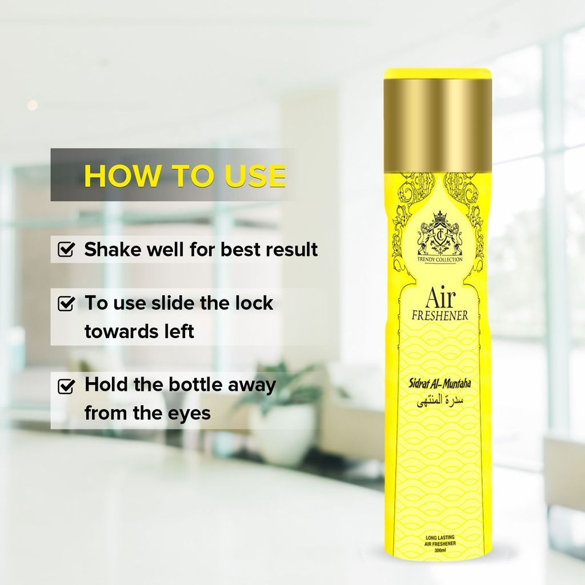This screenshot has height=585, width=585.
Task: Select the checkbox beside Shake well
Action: pos(66,249)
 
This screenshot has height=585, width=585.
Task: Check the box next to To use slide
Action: pos(66,303)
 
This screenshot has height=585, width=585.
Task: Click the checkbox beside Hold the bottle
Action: pos(66,386)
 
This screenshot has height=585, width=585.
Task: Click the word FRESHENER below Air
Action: pos(440,315)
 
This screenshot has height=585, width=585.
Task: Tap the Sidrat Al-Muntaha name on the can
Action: pos(440,383)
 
